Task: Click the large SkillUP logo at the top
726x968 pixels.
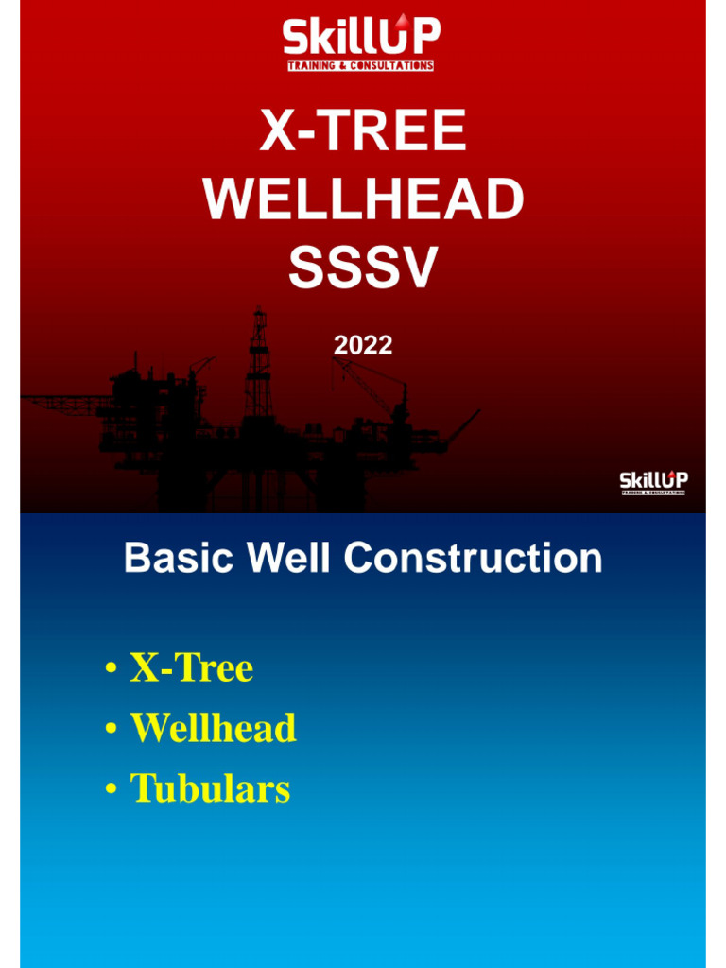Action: [x=361, y=43]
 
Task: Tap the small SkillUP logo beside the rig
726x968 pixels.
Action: [x=653, y=482]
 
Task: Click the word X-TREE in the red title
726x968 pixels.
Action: [x=363, y=132]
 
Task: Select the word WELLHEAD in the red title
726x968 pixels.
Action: [x=363, y=200]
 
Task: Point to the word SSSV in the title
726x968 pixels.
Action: [x=363, y=268]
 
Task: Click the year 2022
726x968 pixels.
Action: [x=363, y=346]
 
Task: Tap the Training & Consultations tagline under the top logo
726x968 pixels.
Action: [x=361, y=66]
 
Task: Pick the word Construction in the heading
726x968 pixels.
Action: [x=473, y=559]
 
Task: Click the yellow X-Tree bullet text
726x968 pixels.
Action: [x=192, y=668]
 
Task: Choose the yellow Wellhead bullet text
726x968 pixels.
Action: [x=214, y=728]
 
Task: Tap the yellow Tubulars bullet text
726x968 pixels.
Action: [x=210, y=788]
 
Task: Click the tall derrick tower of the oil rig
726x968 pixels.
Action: [x=258, y=364]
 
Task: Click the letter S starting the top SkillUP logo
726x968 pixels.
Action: [x=296, y=40]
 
